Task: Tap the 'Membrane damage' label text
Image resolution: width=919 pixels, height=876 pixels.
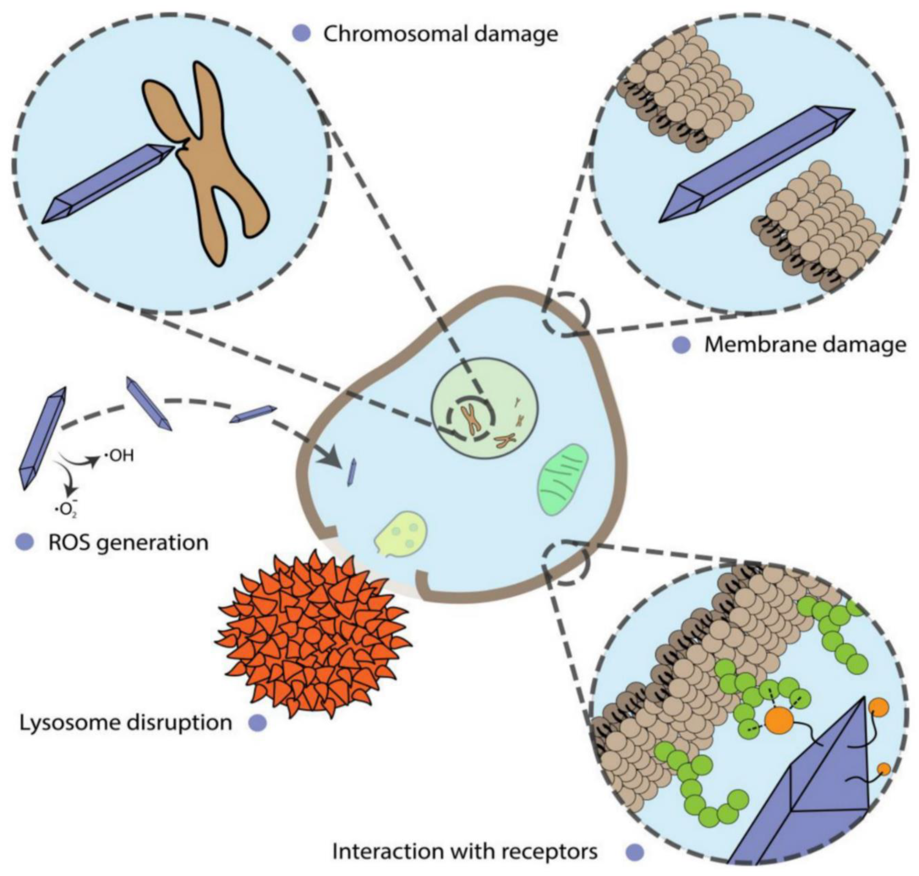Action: pyautogui.click(x=805, y=345)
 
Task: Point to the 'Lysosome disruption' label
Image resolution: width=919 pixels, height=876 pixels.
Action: pyautogui.click(x=126, y=722)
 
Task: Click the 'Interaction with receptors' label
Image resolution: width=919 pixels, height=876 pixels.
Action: pyautogui.click(x=465, y=851)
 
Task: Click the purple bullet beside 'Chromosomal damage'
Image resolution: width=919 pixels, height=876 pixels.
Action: pyautogui.click(x=301, y=34)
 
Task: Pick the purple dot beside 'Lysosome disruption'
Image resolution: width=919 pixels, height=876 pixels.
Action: pyautogui.click(x=257, y=723)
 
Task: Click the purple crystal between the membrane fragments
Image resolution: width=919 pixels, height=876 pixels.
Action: pyautogui.click(x=757, y=164)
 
